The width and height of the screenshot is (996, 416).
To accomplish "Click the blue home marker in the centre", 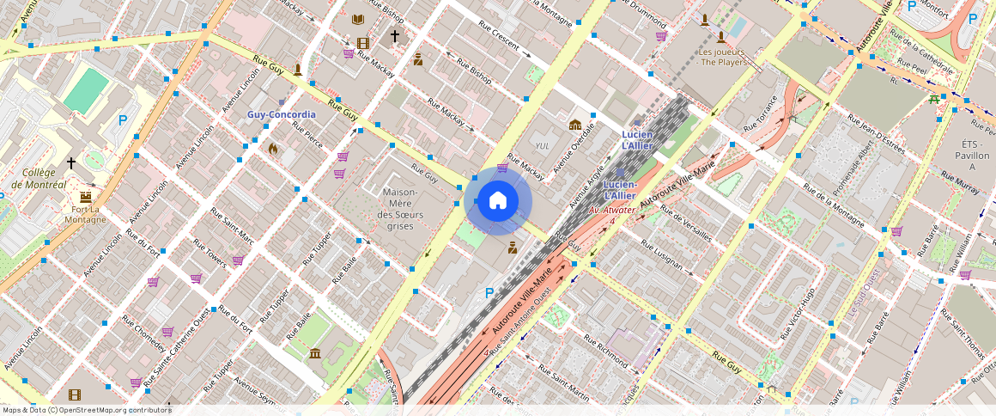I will (498, 201).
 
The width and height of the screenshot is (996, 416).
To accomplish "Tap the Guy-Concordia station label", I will (282, 114).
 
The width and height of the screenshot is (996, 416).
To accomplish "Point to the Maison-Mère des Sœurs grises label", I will (395, 209).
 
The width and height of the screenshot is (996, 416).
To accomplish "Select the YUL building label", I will (542, 145).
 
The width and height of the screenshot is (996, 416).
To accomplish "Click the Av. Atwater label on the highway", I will (611, 210).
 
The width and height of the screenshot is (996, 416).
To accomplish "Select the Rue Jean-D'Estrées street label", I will (877, 134).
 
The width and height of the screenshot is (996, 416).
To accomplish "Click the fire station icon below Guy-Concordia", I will (273, 149).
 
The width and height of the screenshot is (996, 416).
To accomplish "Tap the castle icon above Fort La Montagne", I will (86, 196).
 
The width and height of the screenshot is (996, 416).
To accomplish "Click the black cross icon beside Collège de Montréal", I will (71, 162).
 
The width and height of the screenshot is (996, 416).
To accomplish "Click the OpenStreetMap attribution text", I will (86, 410).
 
